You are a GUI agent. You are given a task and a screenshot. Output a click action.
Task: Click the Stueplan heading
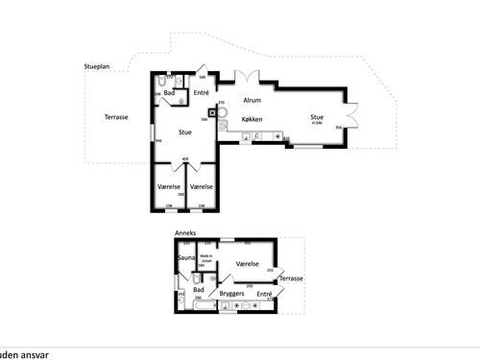click(x=97, y=68)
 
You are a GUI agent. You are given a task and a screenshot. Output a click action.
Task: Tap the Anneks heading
click(x=184, y=232)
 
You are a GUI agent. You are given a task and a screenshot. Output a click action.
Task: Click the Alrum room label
click(x=252, y=99)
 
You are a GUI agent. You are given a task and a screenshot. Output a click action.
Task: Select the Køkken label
click(x=252, y=118)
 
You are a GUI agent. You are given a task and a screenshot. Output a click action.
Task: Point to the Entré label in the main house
click(x=202, y=93)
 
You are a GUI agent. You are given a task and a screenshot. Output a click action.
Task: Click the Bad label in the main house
click(x=170, y=92)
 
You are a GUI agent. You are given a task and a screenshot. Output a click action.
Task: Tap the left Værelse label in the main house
click(x=169, y=185)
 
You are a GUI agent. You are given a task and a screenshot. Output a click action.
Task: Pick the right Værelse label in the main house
click(x=202, y=185)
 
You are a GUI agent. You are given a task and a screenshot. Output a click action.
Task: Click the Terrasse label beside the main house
click(x=117, y=117)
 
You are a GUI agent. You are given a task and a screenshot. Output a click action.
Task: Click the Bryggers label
click(x=233, y=293)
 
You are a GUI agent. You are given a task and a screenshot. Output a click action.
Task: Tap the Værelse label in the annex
click(x=247, y=262)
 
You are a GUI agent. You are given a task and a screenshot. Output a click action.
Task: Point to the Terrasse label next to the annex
click(x=291, y=278)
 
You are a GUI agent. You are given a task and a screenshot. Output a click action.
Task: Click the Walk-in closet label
click(x=205, y=258)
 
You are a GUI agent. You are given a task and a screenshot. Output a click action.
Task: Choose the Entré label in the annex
click(x=264, y=293)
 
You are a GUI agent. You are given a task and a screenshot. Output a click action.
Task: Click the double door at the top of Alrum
click(x=246, y=75)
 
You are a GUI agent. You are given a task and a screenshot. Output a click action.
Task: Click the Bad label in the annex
click(x=199, y=289)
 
